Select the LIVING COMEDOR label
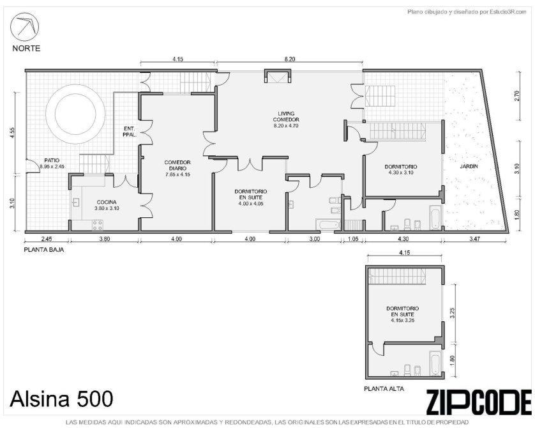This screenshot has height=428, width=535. pyautogui.click(x=286, y=116)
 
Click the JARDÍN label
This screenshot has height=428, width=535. pyautogui.click(x=469, y=167)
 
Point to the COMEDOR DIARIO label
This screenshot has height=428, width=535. pyautogui.click(x=177, y=165)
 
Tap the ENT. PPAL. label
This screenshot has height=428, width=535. pyautogui.click(x=130, y=132)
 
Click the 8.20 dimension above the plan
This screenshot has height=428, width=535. pyautogui.click(x=289, y=59)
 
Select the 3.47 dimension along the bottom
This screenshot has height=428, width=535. pyautogui.click(x=474, y=239)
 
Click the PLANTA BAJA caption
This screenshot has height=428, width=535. pyautogui.click(x=44, y=250)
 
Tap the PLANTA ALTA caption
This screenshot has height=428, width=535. pyautogui.click(x=384, y=389)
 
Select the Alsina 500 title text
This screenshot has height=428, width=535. pyautogui.click(x=61, y=399)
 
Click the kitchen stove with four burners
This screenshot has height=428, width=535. pyautogui.click(x=98, y=225)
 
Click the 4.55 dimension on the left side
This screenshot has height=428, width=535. pyautogui.click(x=13, y=132)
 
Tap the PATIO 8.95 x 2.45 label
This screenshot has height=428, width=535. pyautogui.click(x=52, y=164)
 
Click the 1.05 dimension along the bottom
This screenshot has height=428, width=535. pyautogui.click(x=353, y=239)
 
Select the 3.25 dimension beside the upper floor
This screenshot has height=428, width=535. pyautogui.click(x=453, y=312)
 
